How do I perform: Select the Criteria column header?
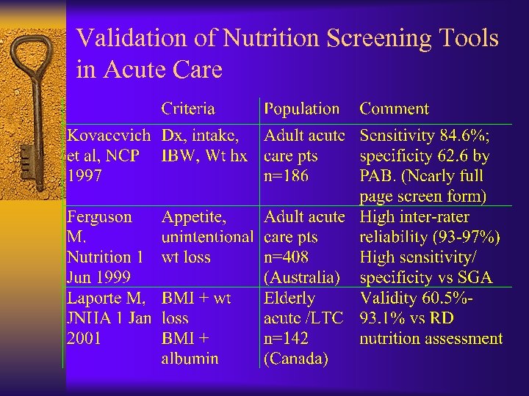pos(188,109)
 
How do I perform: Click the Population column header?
pos(301,109)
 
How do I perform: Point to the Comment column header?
pos(394,109)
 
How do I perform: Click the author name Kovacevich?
pos(109,135)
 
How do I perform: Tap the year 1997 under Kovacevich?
pos(84,176)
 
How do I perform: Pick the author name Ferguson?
pos(100,217)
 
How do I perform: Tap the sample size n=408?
pos(287,257)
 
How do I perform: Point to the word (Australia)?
pos(301,278)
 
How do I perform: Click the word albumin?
pos(190,359)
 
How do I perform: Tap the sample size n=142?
pos(286,339)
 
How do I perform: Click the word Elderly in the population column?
pos(289,298)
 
